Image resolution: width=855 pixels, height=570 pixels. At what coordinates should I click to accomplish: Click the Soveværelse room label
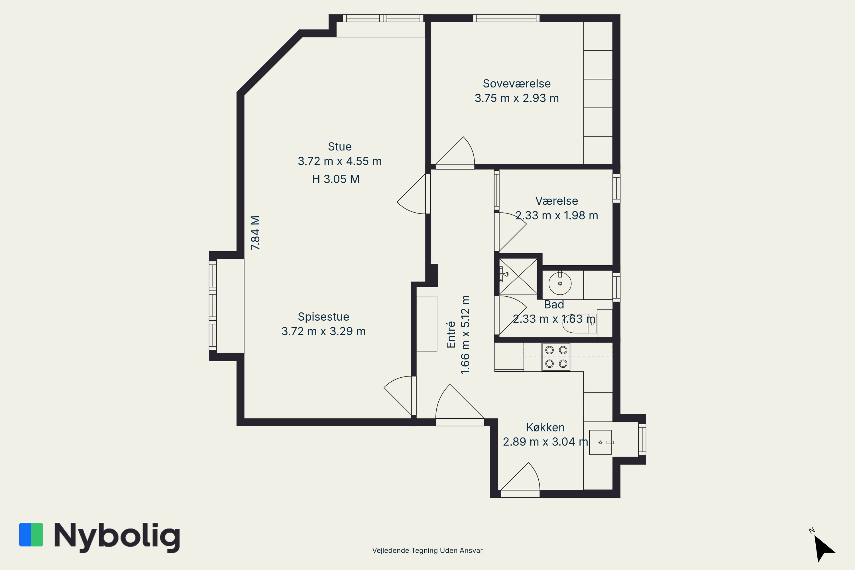point(516,84)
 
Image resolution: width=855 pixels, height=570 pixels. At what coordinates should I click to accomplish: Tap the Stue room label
point(339,146)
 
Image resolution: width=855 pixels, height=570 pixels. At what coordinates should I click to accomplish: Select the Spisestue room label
point(323,317)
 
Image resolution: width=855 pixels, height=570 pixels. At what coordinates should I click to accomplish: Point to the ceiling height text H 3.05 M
point(336,179)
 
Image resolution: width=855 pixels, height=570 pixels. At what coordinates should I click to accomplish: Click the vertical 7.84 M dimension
point(256,233)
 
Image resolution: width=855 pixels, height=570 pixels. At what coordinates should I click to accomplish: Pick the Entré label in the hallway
point(451,334)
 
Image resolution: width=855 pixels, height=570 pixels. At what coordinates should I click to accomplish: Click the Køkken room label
point(545,427)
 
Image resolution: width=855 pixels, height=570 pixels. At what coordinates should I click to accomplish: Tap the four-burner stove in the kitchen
point(556,357)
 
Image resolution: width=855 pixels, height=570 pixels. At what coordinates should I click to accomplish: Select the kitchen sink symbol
point(600,442)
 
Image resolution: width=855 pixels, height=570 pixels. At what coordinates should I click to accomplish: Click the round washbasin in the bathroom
point(560,283)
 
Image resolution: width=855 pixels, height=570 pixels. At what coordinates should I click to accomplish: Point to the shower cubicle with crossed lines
point(518,276)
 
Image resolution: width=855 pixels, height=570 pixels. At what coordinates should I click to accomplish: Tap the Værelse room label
point(557,201)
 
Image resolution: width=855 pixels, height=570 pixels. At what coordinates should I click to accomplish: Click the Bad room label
point(554,305)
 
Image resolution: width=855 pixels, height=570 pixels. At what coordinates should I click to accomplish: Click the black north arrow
point(825,548)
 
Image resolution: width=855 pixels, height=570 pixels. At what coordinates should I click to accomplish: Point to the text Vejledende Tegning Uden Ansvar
point(427,550)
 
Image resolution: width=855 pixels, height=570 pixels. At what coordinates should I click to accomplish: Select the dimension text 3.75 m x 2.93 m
point(516,98)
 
